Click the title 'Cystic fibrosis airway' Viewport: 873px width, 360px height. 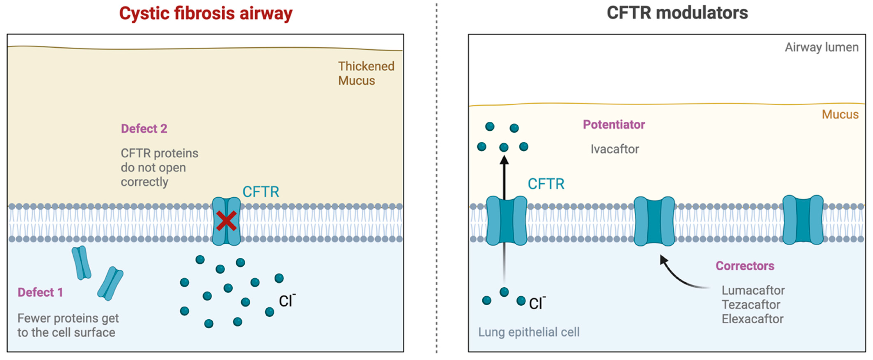point(206,14)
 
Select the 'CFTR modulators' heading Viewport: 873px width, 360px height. point(677,13)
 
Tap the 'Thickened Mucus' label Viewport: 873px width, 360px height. point(366,73)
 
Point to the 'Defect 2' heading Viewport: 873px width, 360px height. point(144,129)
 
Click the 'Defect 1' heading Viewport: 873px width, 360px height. point(40,292)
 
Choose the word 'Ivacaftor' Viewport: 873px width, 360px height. point(614,149)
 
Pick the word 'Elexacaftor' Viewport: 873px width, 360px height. point(752,319)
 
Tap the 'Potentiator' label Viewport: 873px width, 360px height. point(614,125)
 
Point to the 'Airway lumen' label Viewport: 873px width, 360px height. point(822,47)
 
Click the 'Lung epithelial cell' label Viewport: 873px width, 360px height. point(529,332)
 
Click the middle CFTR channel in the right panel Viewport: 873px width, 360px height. point(654,221)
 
